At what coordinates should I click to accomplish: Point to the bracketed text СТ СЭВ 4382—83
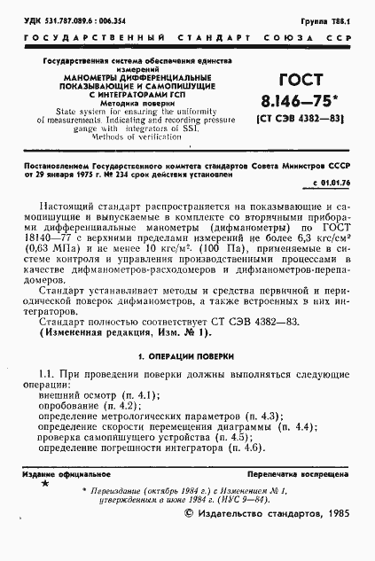point(286,117)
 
